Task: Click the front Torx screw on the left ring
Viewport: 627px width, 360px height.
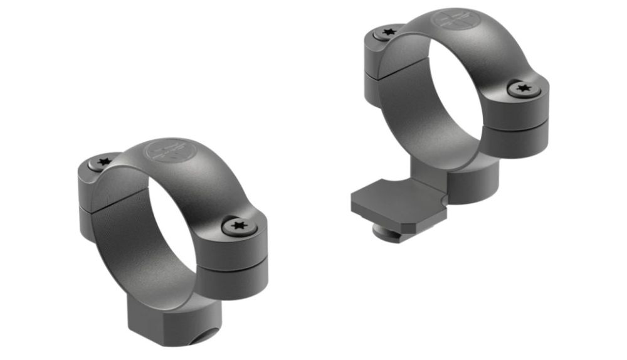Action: click(238, 226)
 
